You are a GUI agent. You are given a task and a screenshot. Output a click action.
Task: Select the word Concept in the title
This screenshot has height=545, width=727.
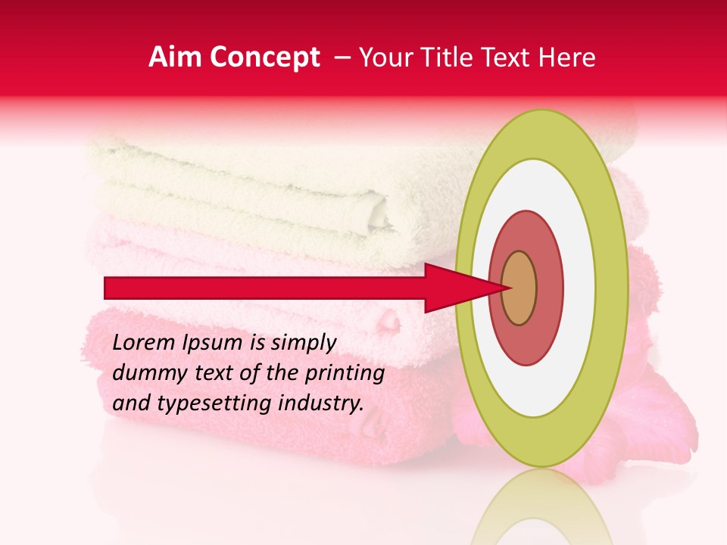265,58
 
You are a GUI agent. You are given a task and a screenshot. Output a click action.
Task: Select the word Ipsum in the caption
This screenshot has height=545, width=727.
215,343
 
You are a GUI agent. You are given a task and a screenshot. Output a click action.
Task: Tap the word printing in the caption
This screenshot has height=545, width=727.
345,373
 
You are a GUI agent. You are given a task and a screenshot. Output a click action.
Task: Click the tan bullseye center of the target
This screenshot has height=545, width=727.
519,288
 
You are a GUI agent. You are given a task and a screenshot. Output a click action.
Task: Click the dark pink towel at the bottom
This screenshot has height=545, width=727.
265,424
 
